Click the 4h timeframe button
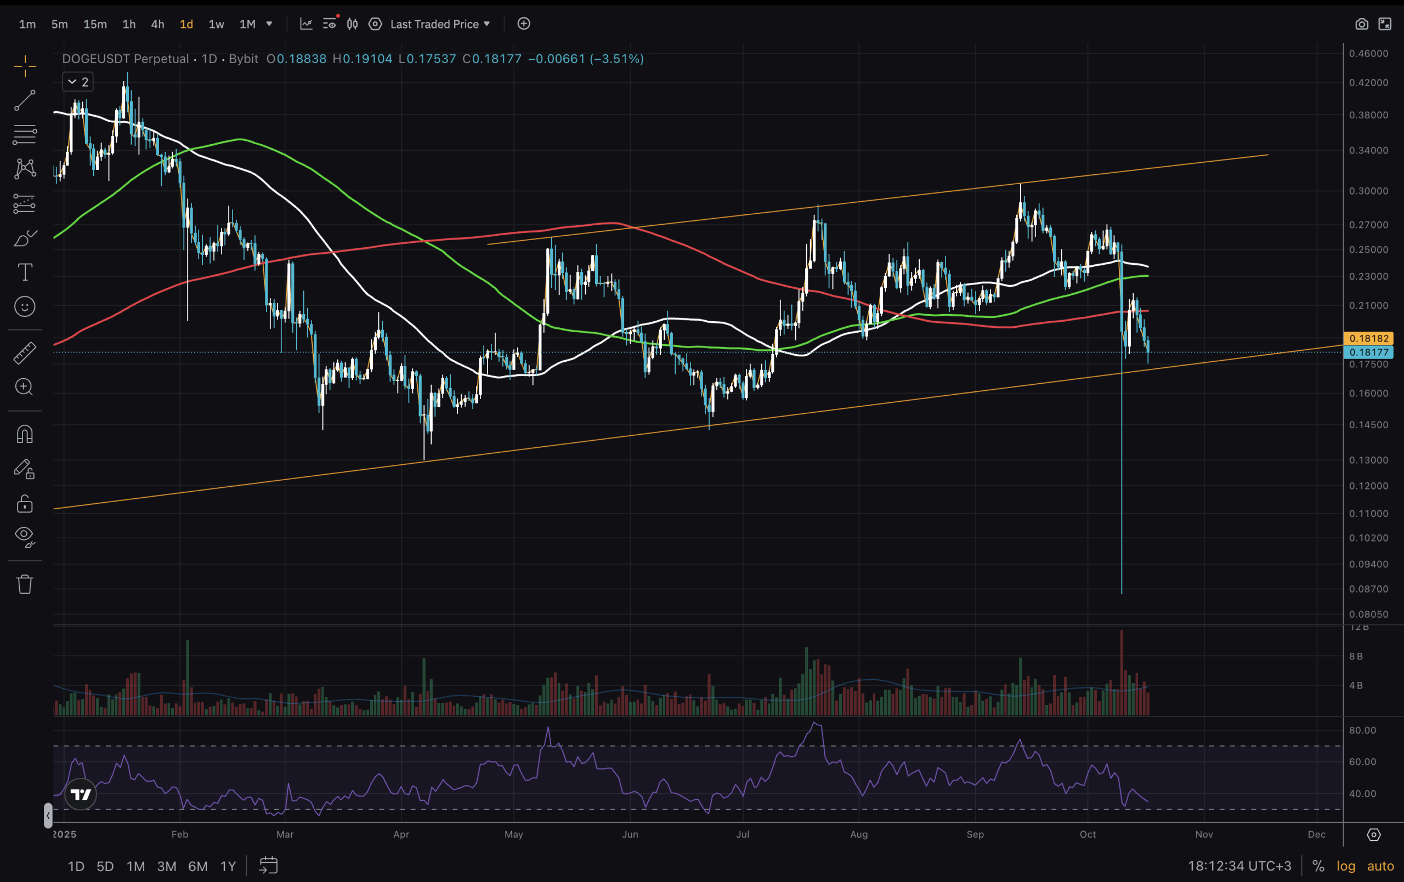pyautogui.click(x=157, y=24)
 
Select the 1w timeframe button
pyautogui.click(x=216, y=24)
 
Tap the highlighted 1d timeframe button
pyautogui.click(x=186, y=24)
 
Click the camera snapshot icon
pyautogui.click(x=1361, y=24)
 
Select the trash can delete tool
pyautogui.click(x=25, y=584)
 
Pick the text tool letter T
pyautogui.click(x=25, y=272)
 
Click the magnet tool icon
pyautogui.click(x=25, y=434)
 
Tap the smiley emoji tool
pyautogui.click(x=25, y=306)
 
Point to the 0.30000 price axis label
pyautogui.click(x=1368, y=191)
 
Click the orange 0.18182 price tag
pyautogui.click(x=1368, y=338)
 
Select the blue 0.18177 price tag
pyautogui.click(x=1368, y=352)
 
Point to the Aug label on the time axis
pyautogui.click(x=858, y=834)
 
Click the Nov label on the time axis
pyautogui.click(x=1203, y=834)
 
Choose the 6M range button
pyautogui.click(x=197, y=866)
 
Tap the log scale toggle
pyautogui.click(x=1345, y=866)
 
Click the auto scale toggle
pyautogui.click(x=1380, y=866)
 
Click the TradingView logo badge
pyautogui.click(x=81, y=794)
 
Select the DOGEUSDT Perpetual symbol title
pyautogui.click(x=126, y=59)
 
